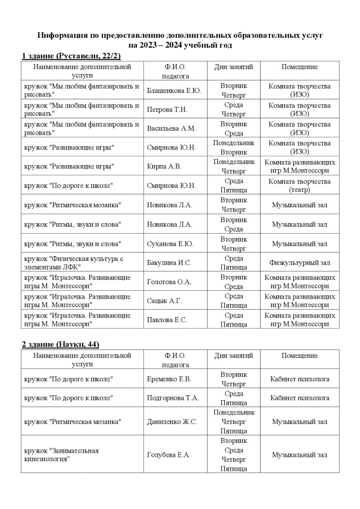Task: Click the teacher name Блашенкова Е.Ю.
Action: pos(174,90)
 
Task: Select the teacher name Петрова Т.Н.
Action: pos(167,109)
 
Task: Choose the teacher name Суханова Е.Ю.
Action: pos(170,244)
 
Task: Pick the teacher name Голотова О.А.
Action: pos(169,282)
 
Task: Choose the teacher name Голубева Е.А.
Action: pos(169,455)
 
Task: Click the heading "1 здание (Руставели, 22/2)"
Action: pos(71,55)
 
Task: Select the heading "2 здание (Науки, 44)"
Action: pos(63,344)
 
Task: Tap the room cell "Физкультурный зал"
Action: pos(299,262)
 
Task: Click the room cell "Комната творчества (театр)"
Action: pos(299,185)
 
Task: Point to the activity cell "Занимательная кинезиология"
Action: pos(62,455)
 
